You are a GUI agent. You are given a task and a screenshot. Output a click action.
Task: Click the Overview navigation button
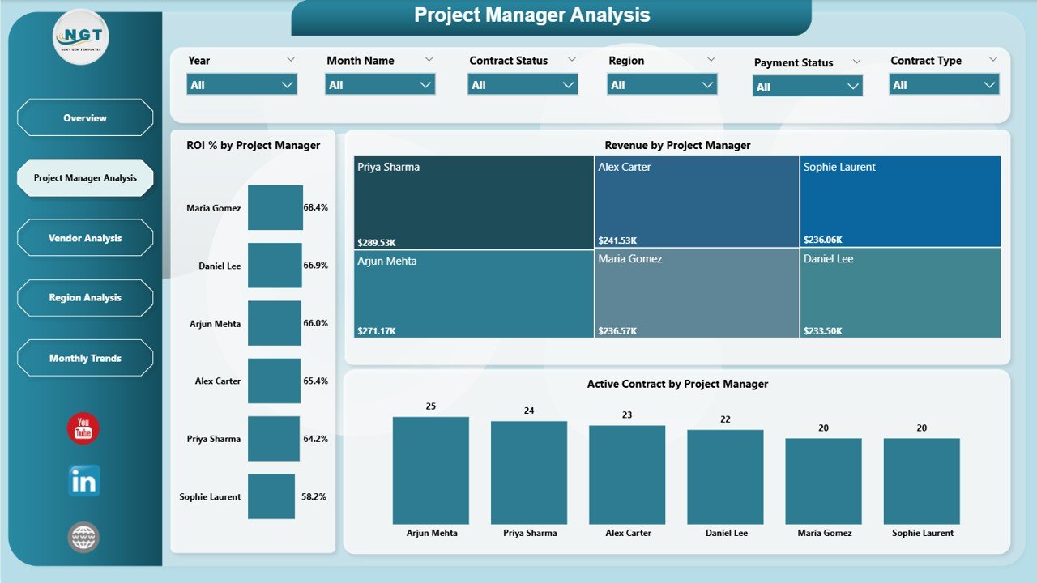pyautogui.click(x=85, y=118)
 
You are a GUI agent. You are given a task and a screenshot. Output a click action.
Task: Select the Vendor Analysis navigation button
pyautogui.click(x=85, y=238)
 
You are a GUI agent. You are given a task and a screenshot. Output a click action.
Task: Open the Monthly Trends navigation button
pyautogui.click(x=85, y=358)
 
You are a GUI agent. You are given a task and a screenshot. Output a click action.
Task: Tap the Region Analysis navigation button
pyautogui.click(x=85, y=298)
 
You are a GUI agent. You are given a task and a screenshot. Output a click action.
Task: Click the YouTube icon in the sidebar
pyautogui.click(x=83, y=429)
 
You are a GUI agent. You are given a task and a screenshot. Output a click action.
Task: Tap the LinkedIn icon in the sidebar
pyautogui.click(x=83, y=481)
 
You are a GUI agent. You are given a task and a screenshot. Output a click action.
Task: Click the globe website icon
pyautogui.click(x=83, y=537)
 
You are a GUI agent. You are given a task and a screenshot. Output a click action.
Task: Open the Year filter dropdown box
pyautogui.click(x=241, y=84)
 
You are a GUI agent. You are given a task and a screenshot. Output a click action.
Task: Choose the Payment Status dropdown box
pyautogui.click(x=807, y=87)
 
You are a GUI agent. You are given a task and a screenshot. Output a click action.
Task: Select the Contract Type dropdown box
pyautogui.click(x=944, y=84)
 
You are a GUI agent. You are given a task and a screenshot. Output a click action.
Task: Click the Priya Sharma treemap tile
pyautogui.click(x=473, y=202)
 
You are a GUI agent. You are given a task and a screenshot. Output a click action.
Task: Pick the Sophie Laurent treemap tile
pyautogui.click(x=900, y=202)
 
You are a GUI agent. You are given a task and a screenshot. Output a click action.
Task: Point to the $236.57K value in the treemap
pyautogui.click(x=617, y=331)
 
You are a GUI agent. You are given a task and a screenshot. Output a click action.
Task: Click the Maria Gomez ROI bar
pyautogui.click(x=275, y=208)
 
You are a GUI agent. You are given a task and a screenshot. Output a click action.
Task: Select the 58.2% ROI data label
pyautogui.click(x=314, y=496)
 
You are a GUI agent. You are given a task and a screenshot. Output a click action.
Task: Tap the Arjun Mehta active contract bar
pyautogui.click(x=431, y=470)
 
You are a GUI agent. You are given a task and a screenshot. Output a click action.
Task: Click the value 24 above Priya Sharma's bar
pyautogui.click(x=529, y=411)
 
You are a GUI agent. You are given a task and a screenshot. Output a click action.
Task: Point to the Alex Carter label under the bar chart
pyautogui.click(x=627, y=533)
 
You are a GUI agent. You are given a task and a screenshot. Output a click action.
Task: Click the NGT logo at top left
pyautogui.click(x=80, y=37)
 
